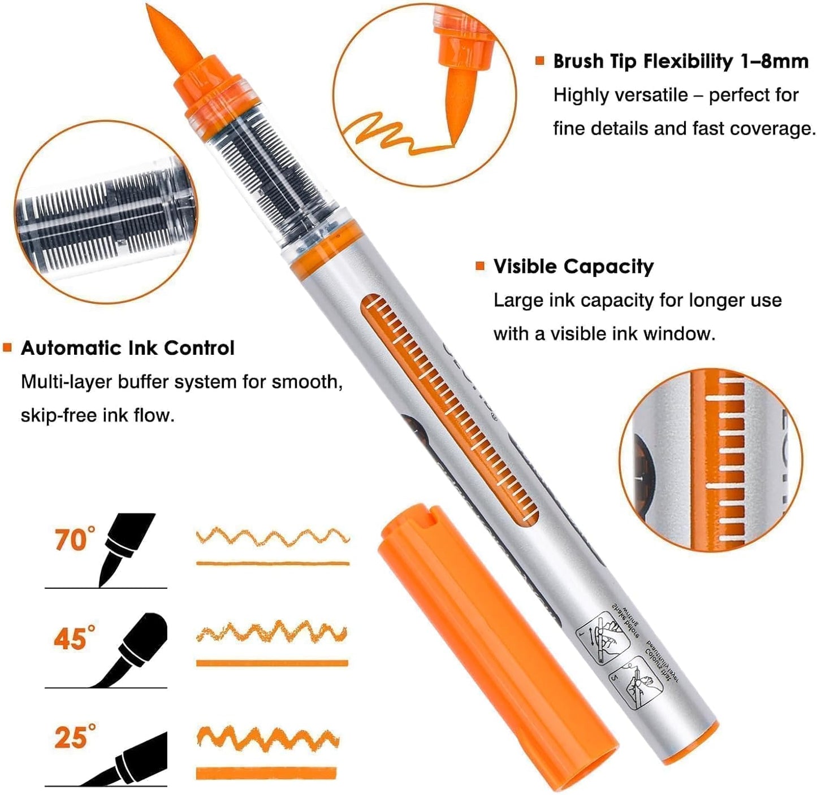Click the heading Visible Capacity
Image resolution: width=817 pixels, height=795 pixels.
point(573,266)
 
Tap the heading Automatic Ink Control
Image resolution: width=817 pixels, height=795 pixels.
point(128,347)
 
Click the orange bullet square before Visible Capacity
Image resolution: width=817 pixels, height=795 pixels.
point(480,266)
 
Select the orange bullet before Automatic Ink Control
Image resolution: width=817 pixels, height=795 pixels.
point(7,347)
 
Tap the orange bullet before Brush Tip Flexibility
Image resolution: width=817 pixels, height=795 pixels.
point(540,60)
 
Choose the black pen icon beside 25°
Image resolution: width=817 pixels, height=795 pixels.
point(136,757)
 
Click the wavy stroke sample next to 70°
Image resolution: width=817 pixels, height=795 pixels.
point(273,537)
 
